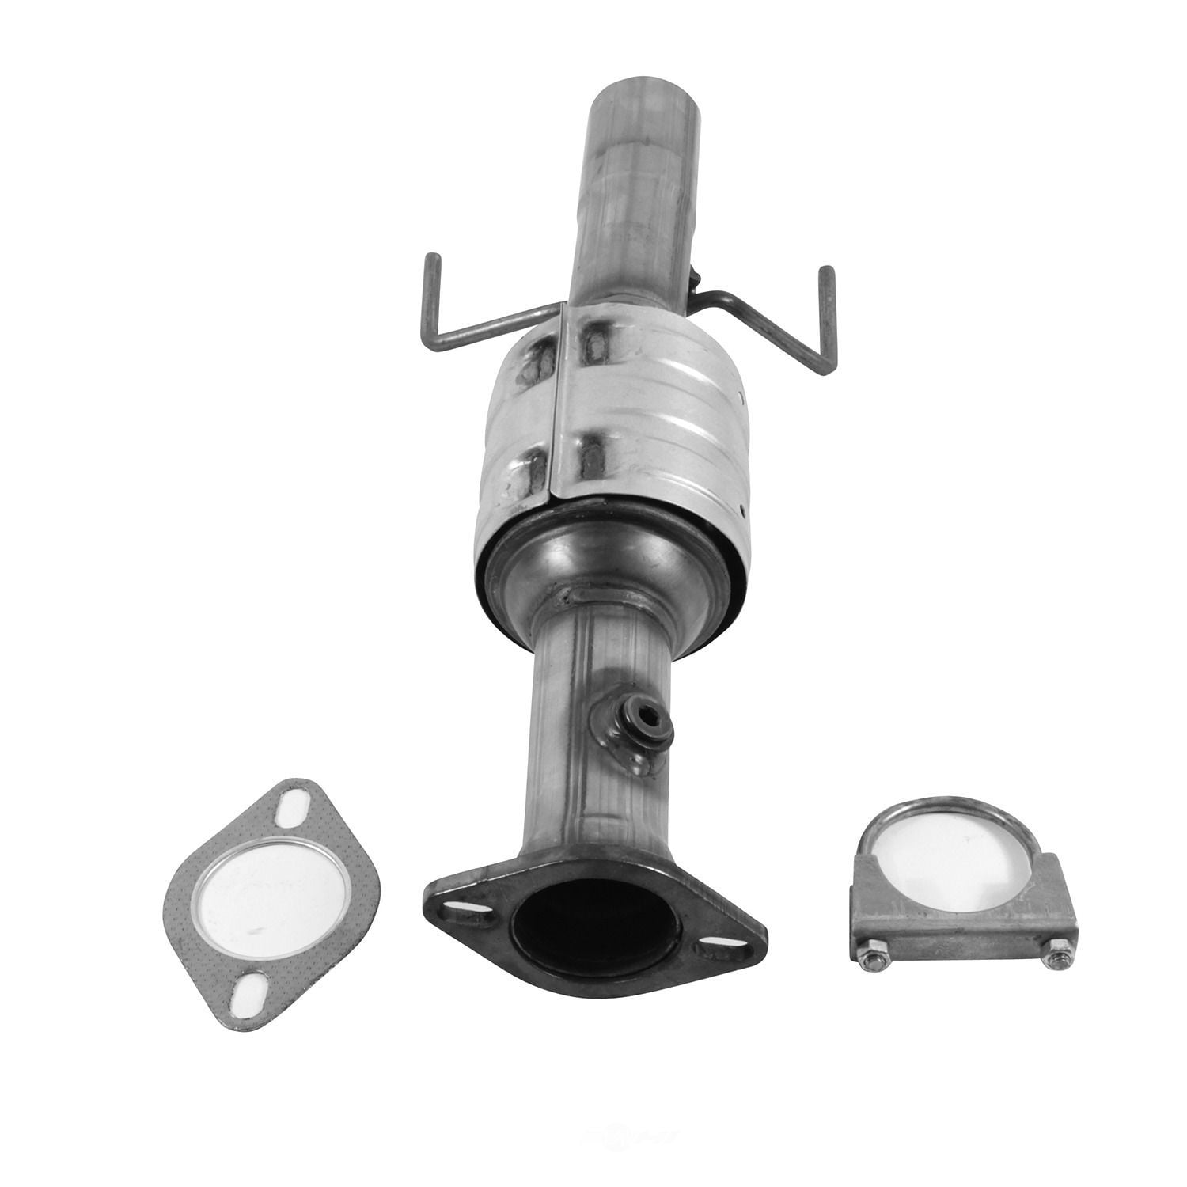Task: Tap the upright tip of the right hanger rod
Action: (x=828, y=273)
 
